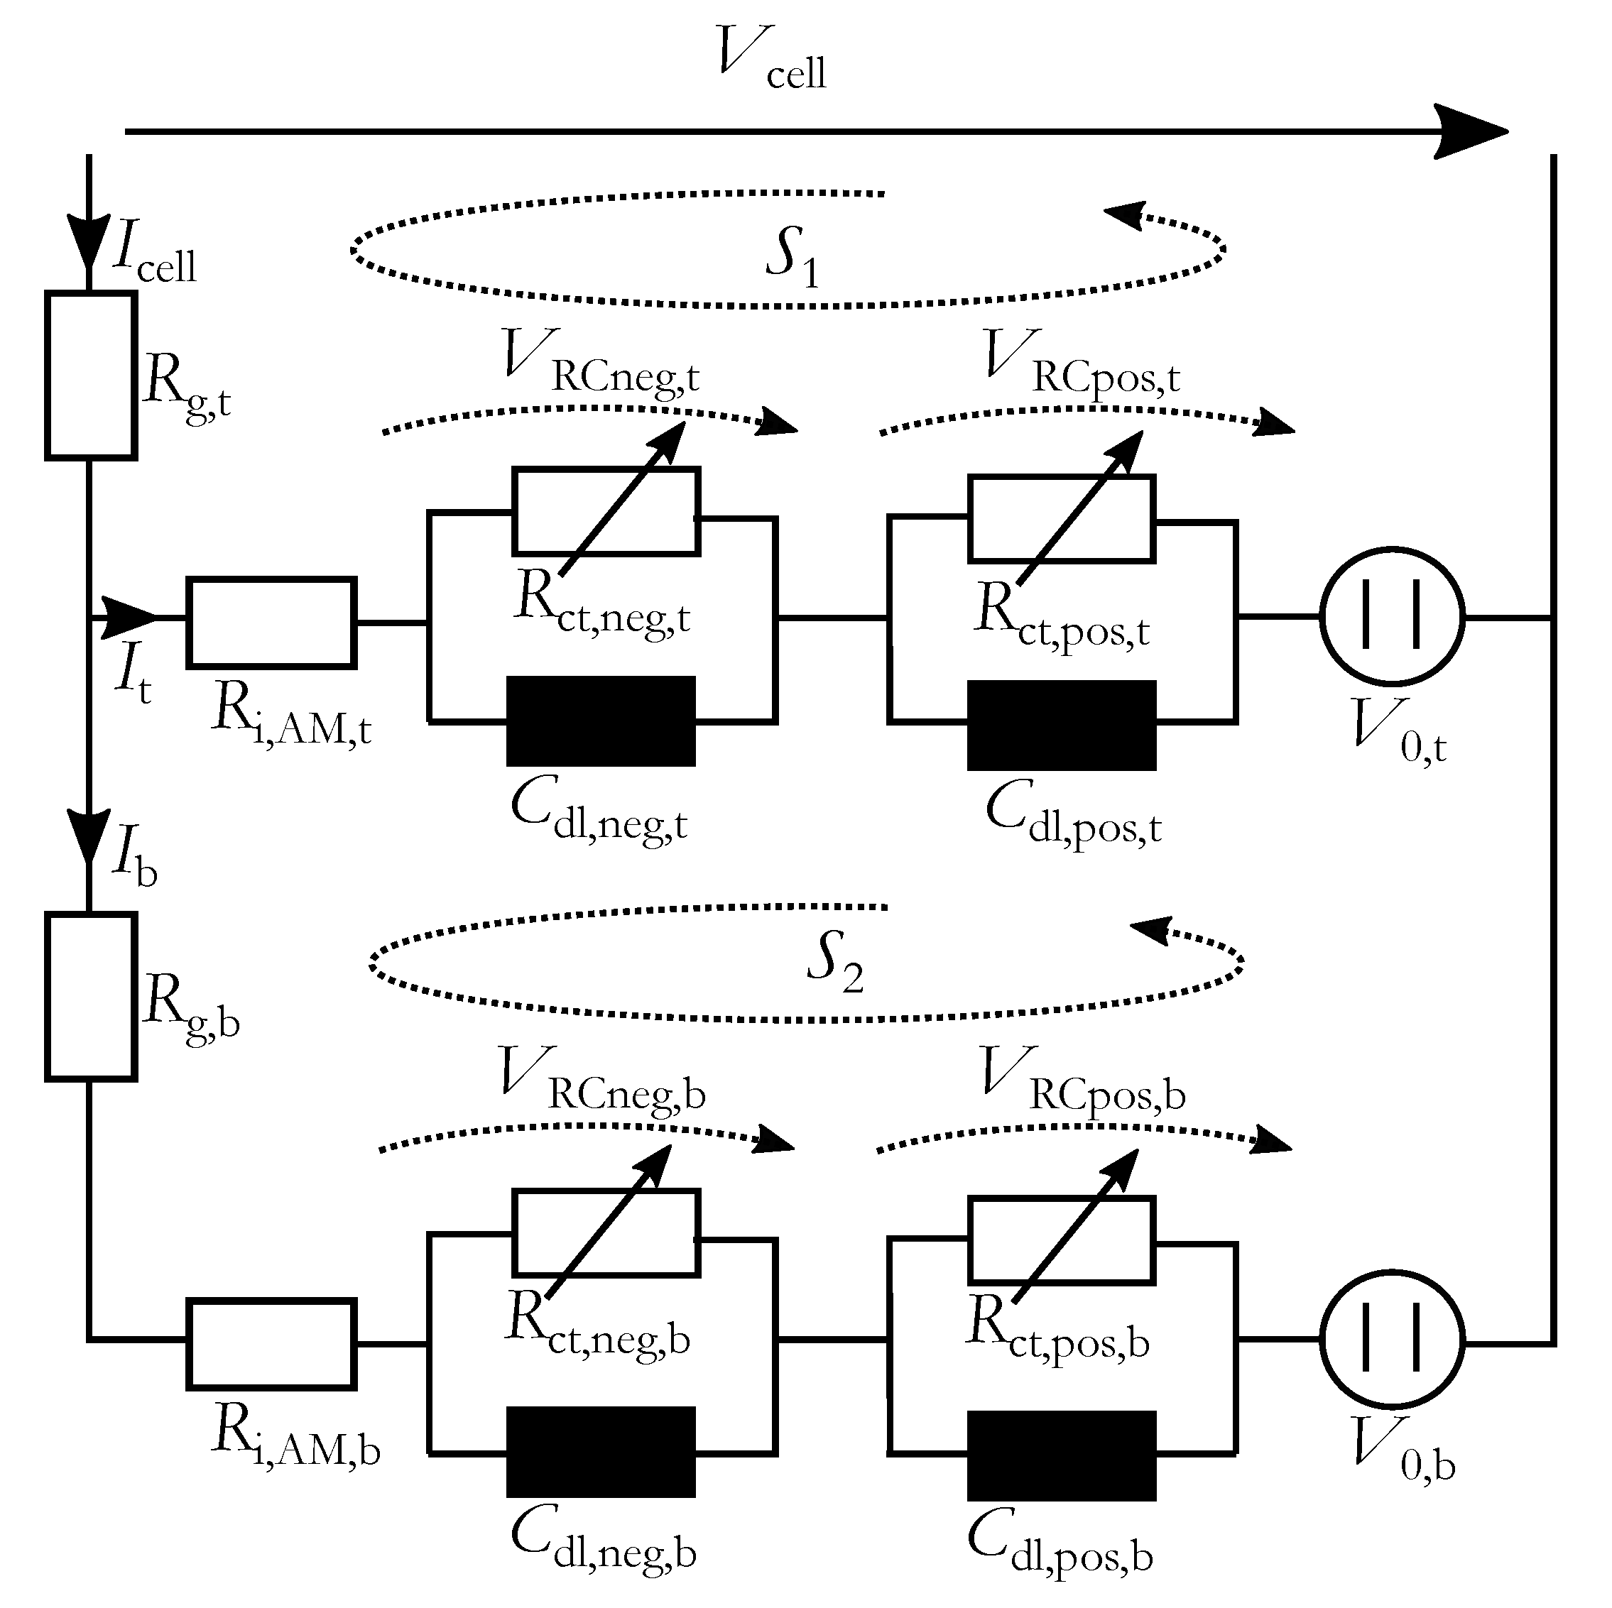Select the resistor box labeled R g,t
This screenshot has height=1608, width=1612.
(90, 376)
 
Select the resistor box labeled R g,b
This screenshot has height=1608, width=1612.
(90, 997)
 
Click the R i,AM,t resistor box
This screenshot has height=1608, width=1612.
(271, 623)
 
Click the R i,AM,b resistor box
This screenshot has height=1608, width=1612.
(271, 1345)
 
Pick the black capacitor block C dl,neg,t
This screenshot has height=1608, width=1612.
(601, 721)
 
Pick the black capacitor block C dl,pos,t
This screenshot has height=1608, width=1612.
(1062, 725)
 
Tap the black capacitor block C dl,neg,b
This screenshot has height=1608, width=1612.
(601, 1452)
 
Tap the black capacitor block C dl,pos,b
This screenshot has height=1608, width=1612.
(1062, 1455)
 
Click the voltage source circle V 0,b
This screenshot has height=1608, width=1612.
(1392, 1341)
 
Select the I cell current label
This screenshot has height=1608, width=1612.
(154, 254)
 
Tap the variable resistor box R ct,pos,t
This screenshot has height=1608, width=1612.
(1062, 519)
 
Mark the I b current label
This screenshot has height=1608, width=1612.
(134, 859)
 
